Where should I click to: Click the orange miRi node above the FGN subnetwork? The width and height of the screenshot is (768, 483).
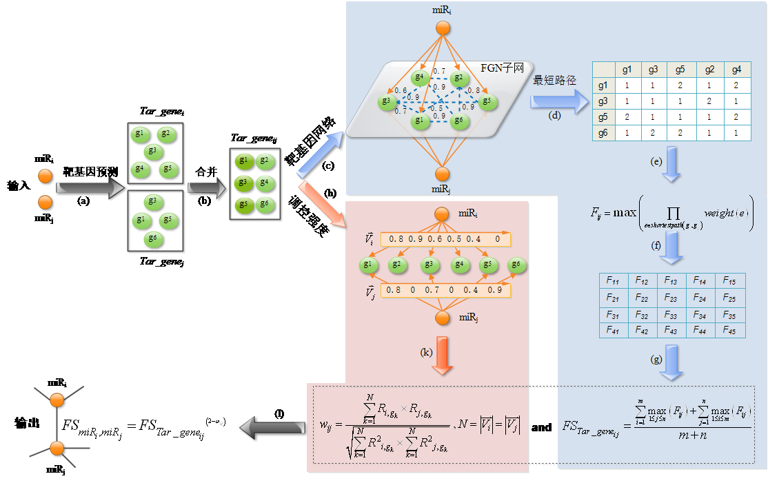click(x=443, y=28)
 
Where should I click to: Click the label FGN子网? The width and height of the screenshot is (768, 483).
click(x=503, y=68)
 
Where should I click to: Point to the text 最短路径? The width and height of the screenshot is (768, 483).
click(x=554, y=81)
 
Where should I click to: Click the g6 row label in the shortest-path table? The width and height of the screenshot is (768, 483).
click(x=603, y=133)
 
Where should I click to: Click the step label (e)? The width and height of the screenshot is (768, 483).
click(x=656, y=161)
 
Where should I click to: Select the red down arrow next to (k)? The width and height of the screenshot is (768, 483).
click(x=443, y=355)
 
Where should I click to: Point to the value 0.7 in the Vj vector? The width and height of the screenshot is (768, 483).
click(x=433, y=290)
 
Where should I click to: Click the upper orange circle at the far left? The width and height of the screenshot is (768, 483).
click(x=45, y=176)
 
